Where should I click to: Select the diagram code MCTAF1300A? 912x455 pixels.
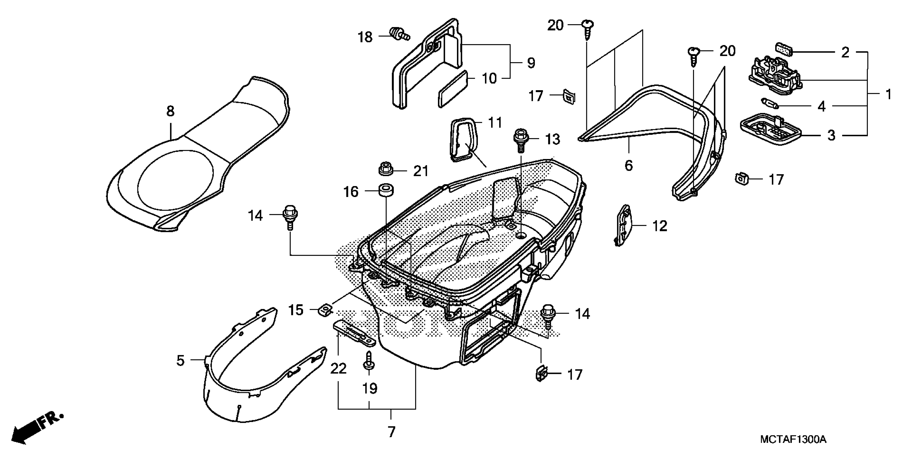tap(792, 439)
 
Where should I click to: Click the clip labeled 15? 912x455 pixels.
tap(325, 310)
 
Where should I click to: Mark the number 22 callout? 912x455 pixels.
tap(338, 369)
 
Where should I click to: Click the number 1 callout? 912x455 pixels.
tap(888, 94)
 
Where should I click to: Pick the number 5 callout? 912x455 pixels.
tap(181, 361)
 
